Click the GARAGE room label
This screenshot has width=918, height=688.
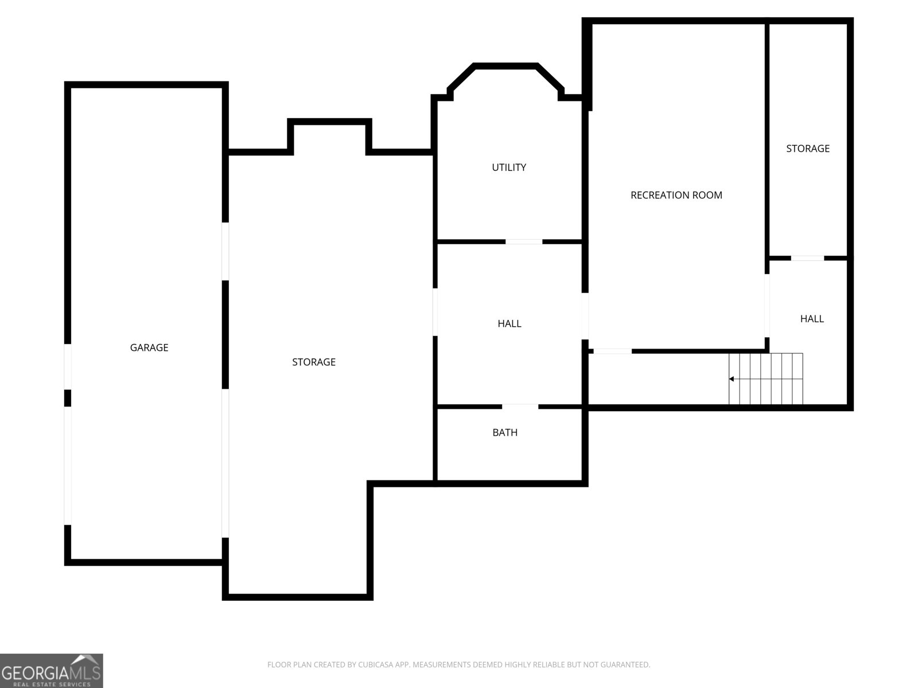(x=149, y=347)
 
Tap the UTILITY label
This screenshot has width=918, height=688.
(x=509, y=167)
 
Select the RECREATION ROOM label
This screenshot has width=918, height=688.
(x=676, y=195)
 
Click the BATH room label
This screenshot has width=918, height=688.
(x=505, y=432)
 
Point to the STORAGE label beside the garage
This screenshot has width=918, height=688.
(x=313, y=362)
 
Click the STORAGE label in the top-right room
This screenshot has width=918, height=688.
(x=807, y=148)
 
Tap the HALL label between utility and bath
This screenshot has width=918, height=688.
(x=509, y=323)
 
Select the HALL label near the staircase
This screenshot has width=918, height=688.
(x=812, y=319)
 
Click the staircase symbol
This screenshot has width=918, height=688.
(x=766, y=379)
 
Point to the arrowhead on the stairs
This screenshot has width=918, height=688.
(x=732, y=379)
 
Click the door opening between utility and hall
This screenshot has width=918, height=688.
(x=523, y=241)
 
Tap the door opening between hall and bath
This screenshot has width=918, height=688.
(x=520, y=406)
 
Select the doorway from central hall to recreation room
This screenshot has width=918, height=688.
(x=585, y=316)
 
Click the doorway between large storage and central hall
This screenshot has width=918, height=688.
(x=435, y=312)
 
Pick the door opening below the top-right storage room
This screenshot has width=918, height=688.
(x=807, y=258)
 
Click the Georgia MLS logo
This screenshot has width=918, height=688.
(x=51, y=671)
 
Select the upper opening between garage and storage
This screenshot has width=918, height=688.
(x=225, y=251)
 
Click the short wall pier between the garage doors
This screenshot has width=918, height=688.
(x=68, y=398)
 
